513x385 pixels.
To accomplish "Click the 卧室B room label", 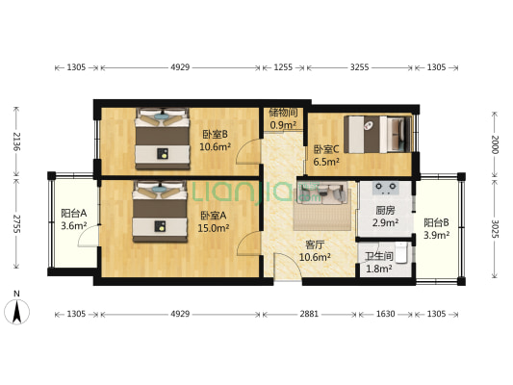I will point(214,135).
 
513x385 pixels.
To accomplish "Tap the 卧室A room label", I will point(214,216).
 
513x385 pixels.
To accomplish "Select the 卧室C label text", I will point(325,149).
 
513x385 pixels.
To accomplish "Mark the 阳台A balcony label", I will point(74,214).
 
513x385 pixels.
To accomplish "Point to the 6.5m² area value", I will point(325,163).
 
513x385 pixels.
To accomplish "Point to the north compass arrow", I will point(17,311).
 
